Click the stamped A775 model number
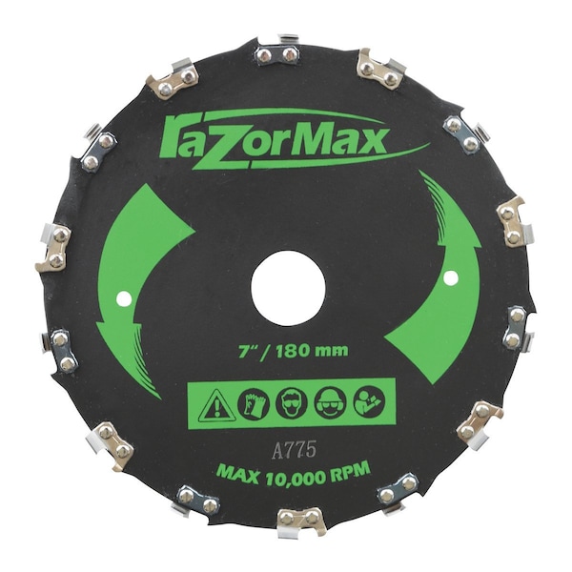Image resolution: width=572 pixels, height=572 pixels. [x=294, y=451]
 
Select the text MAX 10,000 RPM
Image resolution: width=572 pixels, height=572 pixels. [x=294, y=473]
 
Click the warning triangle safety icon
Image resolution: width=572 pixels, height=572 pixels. [x=215, y=406]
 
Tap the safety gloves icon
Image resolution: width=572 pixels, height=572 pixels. [x=254, y=405]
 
